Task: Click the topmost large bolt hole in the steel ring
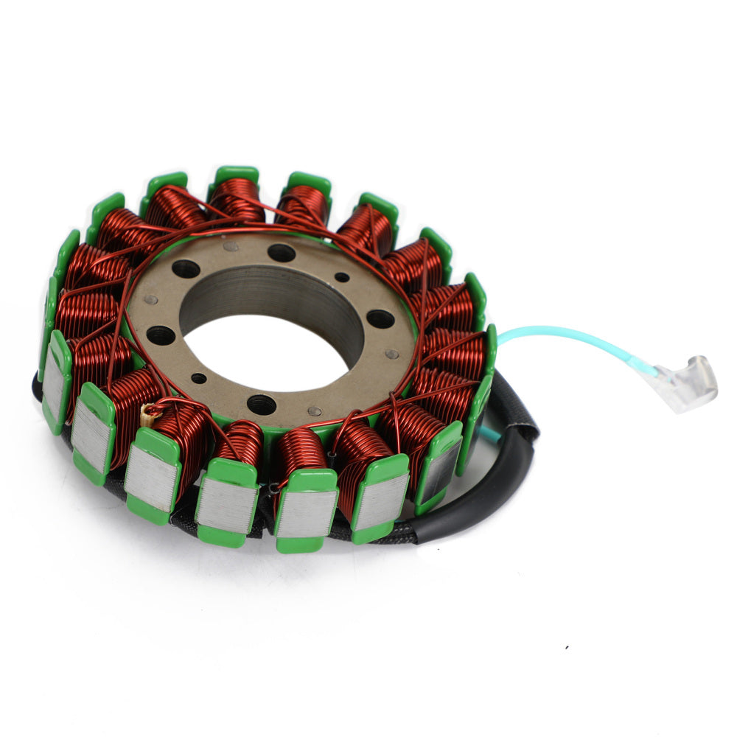point(282,253)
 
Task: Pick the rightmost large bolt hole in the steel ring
point(380,319)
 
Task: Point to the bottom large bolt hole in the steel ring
point(262,404)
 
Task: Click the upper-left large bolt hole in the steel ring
point(186,269)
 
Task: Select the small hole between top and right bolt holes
point(342,278)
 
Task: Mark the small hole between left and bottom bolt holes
point(199,379)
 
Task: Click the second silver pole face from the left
point(92,434)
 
